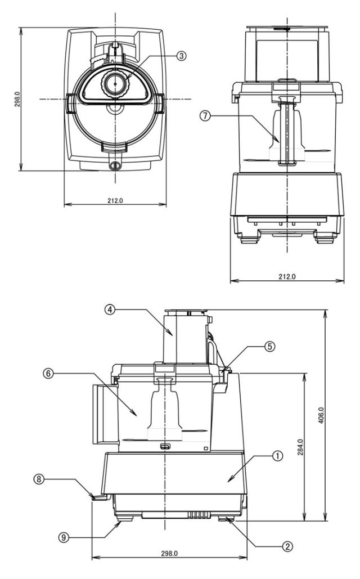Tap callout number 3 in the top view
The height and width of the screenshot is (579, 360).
(x=181, y=56)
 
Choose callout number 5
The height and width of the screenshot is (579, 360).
(x=271, y=347)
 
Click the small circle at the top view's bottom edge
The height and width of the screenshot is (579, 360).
(x=115, y=165)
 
